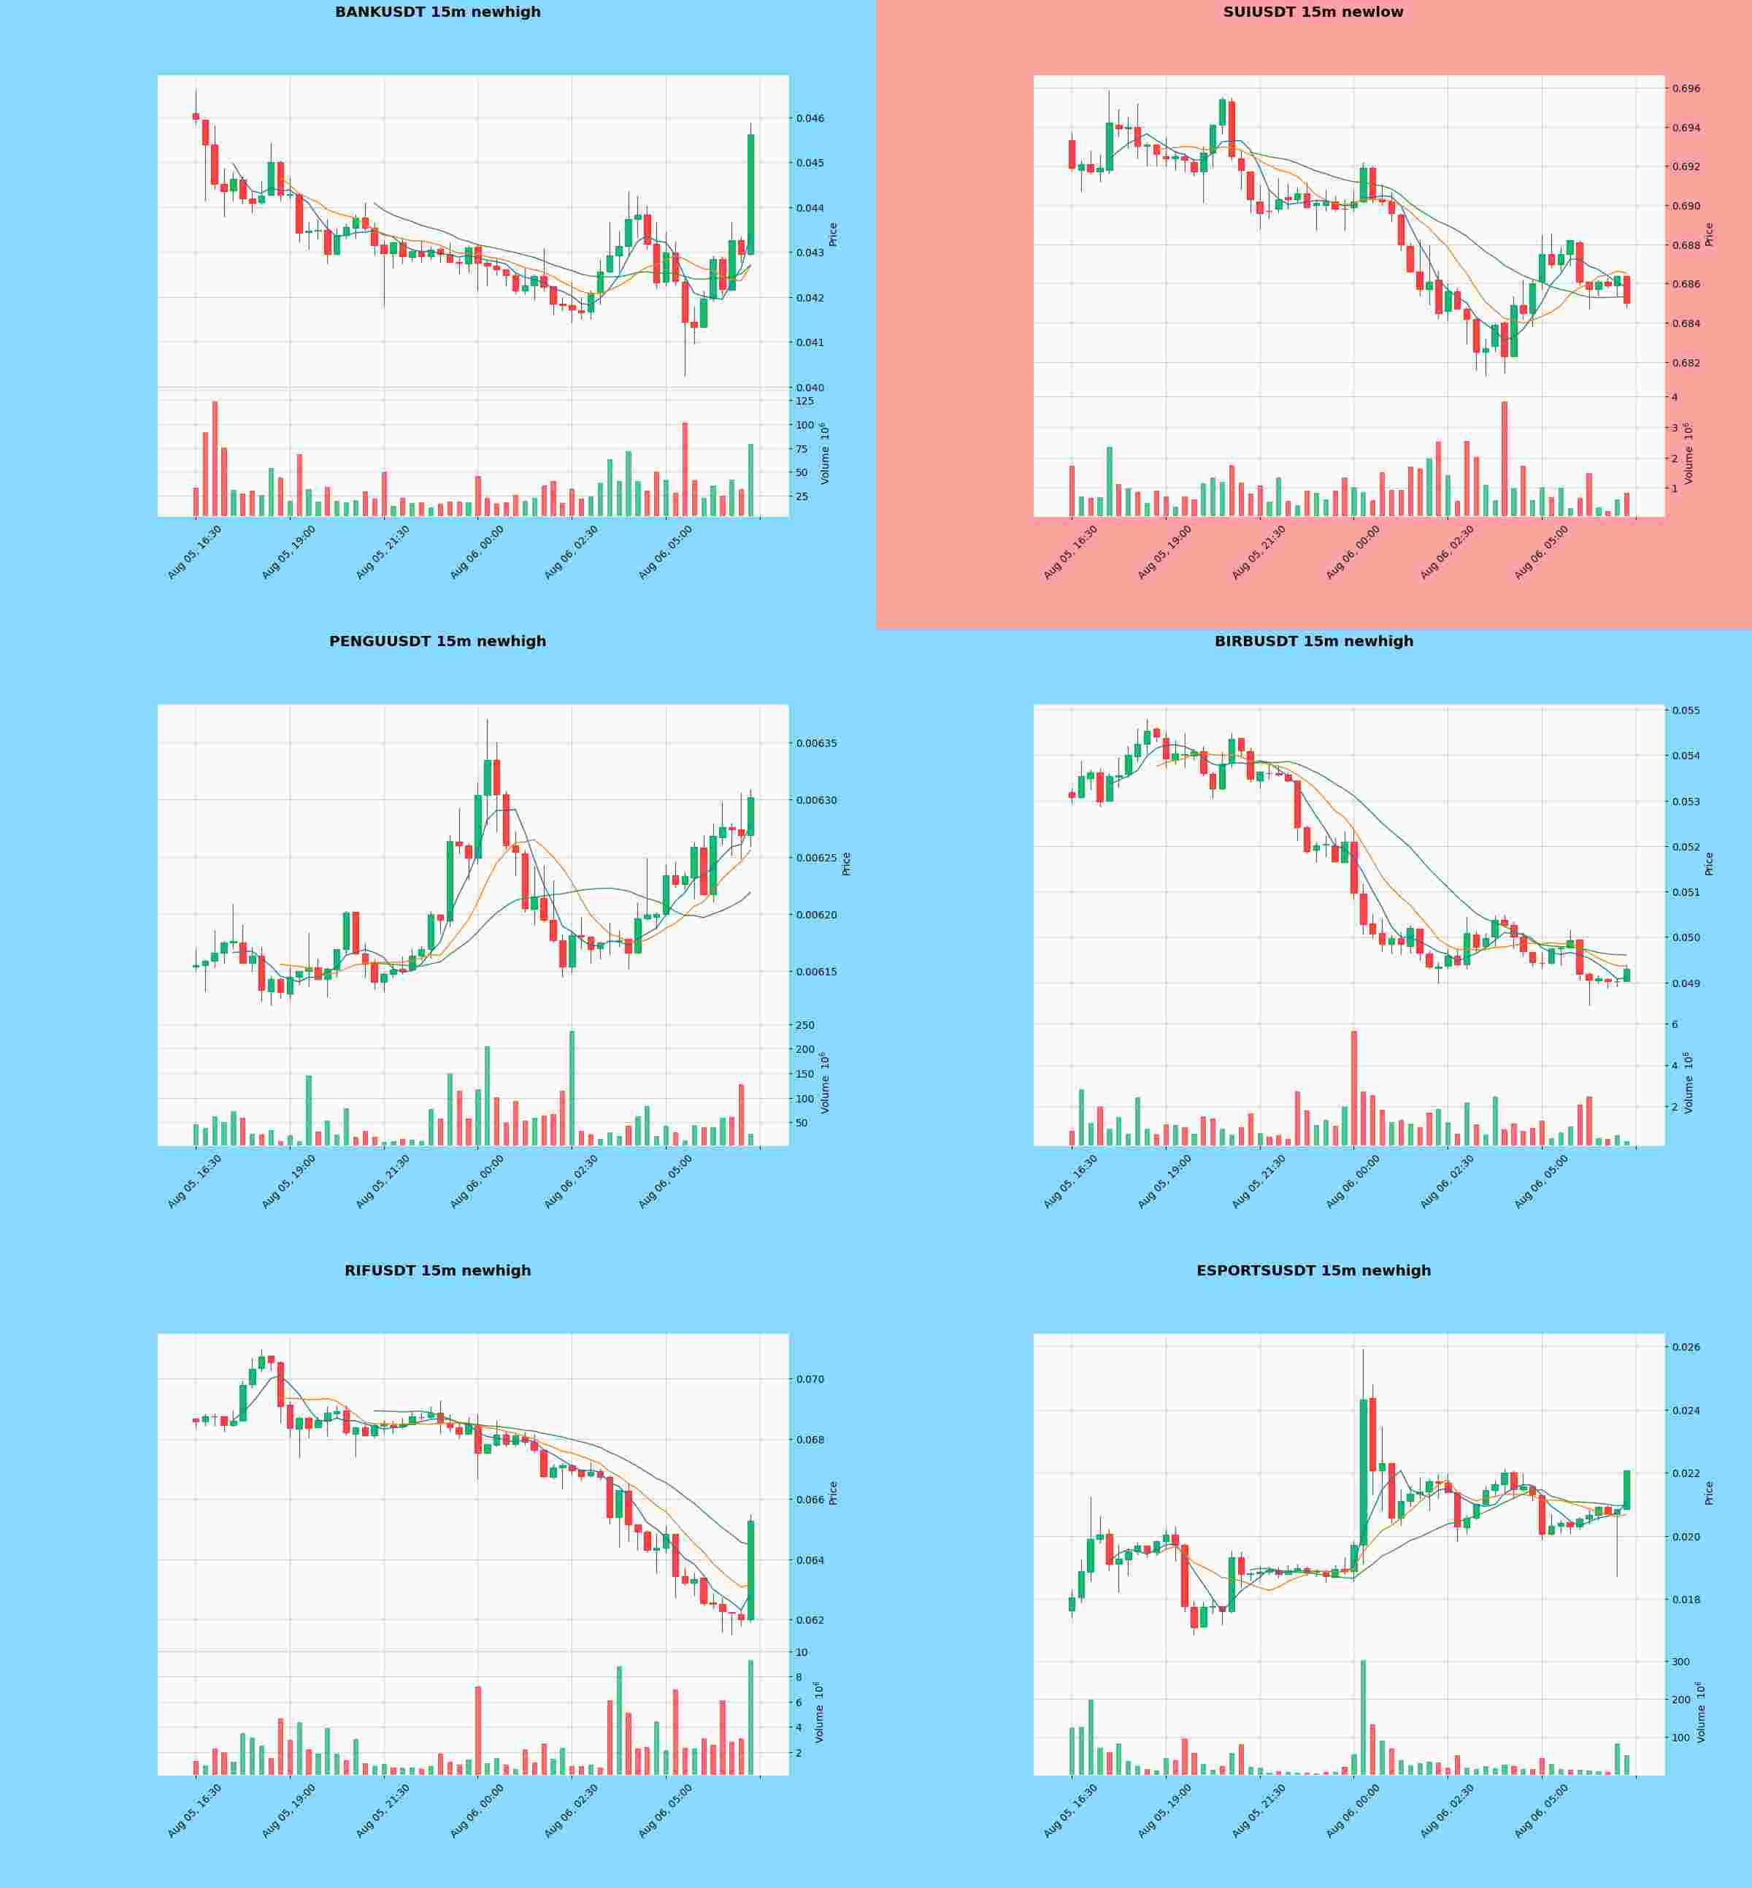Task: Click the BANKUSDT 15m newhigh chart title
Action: pyautogui.click(x=438, y=12)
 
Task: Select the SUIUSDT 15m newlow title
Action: pyautogui.click(x=1313, y=12)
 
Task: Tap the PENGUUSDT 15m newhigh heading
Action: pyautogui.click(x=438, y=642)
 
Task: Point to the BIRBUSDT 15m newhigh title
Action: pyautogui.click(x=1314, y=642)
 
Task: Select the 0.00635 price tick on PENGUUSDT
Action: pyautogui.click(x=815, y=742)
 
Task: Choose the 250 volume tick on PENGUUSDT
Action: pyautogui.click(x=805, y=1026)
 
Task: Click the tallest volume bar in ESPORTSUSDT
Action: pyautogui.click(x=1364, y=1717)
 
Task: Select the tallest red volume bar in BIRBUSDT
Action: pyautogui.click(x=1354, y=1089)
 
